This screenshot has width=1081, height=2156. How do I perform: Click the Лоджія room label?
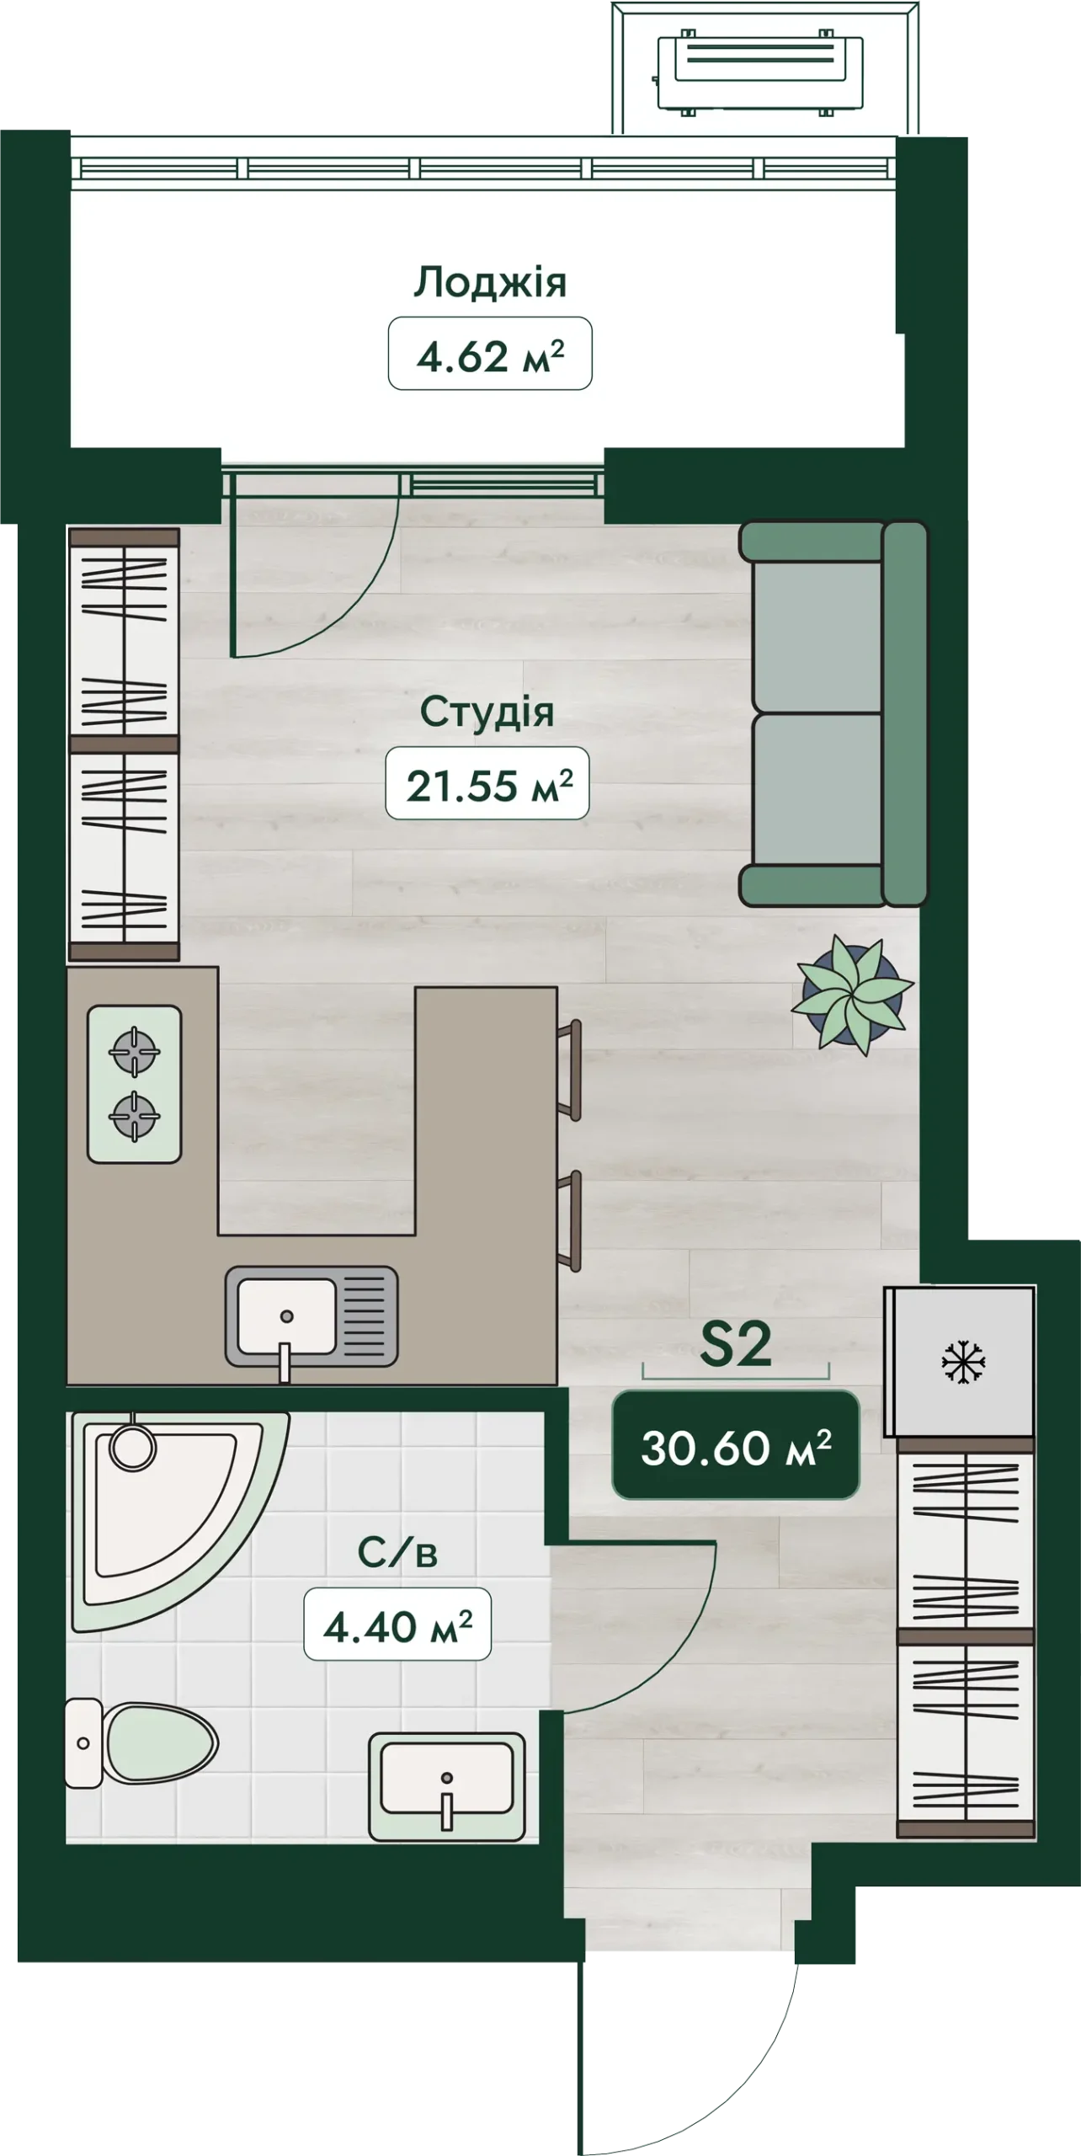pyautogui.click(x=490, y=283)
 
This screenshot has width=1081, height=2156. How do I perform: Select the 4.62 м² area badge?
pyautogui.click(x=490, y=354)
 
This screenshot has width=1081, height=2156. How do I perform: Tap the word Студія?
pyautogui.click(x=487, y=712)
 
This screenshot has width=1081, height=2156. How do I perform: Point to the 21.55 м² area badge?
pyautogui.click(x=487, y=784)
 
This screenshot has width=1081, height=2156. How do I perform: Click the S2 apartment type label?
pyautogui.click(x=736, y=1345)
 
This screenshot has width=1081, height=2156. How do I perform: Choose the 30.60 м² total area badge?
pyautogui.click(x=736, y=1445)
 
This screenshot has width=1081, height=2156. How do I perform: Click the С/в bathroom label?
pyautogui.click(x=397, y=1553)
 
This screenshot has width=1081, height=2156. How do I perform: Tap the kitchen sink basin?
pyautogui.click(x=286, y=1316)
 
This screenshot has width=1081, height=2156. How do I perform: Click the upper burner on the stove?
pyautogui.click(x=135, y=1051)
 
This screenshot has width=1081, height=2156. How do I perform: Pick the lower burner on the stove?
pyautogui.click(x=135, y=1116)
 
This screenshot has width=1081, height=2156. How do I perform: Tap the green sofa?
pyautogui.click(x=833, y=713)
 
